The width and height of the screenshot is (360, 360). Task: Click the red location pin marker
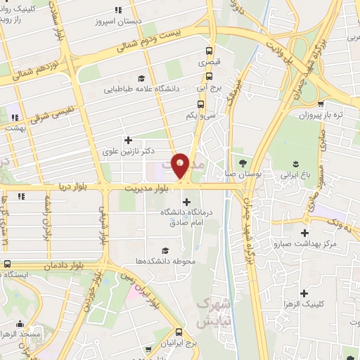(181, 166)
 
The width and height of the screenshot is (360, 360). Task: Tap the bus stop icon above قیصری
(209, 51)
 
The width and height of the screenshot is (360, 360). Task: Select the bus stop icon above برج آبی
(209, 77)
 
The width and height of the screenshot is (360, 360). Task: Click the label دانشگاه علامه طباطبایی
(152, 89)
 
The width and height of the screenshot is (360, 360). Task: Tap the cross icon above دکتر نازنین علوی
(127, 139)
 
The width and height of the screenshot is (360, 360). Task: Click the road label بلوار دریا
(71, 188)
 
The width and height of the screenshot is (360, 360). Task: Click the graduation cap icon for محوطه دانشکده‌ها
(165, 250)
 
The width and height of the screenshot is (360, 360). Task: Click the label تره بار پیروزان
(321, 114)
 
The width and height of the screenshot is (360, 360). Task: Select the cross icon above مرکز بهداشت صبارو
(304, 233)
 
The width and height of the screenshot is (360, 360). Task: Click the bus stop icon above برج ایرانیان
(179, 333)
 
